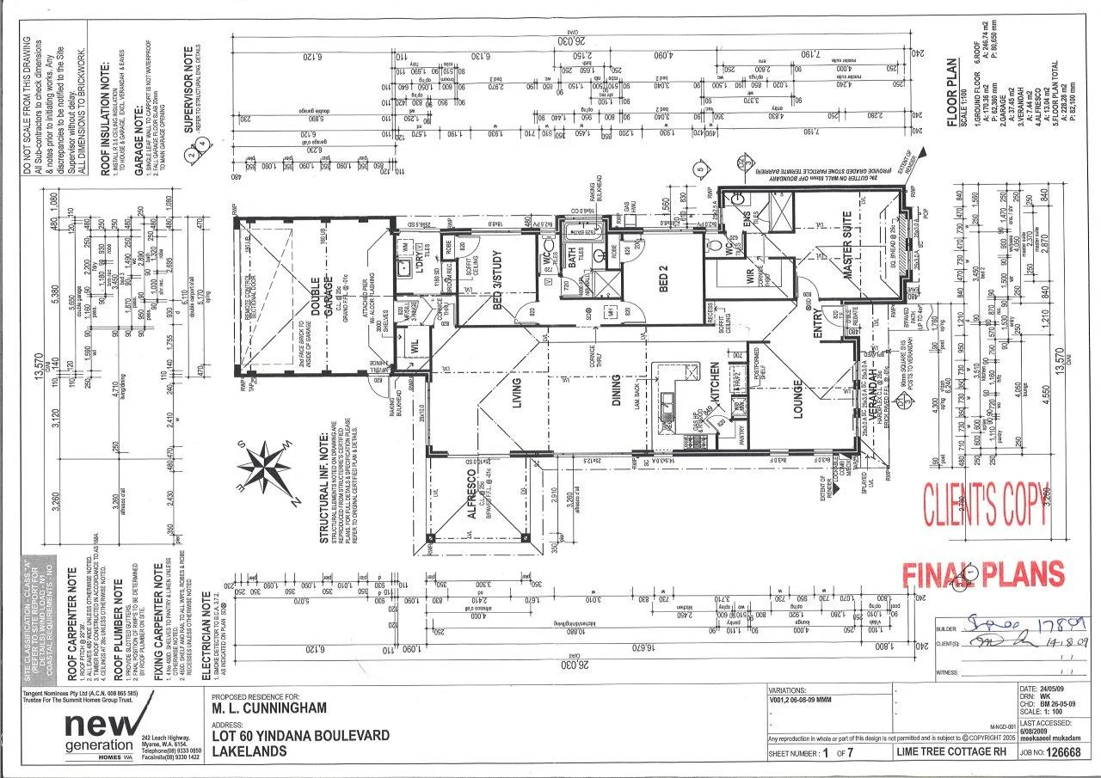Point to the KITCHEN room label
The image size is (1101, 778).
(714, 384)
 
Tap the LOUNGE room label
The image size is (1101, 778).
(797, 401)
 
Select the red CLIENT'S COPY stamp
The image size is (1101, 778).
(986, 505)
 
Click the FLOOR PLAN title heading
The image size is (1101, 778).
(952, 93)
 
